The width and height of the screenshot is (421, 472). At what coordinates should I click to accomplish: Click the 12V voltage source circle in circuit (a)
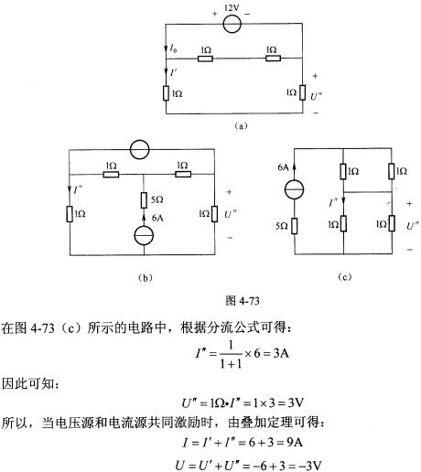[x=232, y=24]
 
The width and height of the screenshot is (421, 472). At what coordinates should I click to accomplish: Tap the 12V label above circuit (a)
[x=232, y=8]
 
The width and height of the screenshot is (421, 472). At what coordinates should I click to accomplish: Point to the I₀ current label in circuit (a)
[x=173, y=48]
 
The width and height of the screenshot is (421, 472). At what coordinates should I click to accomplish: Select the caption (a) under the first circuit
[x=241, y=126]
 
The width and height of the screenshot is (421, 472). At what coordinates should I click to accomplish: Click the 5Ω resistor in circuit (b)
[x=144, y=200]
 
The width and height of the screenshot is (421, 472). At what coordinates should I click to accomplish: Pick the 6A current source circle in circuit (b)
[x=144, y=236]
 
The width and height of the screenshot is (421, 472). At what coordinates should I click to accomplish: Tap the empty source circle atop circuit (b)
[x=139, y=150]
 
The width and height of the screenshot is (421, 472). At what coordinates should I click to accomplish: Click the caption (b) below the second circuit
[x=146, y=277]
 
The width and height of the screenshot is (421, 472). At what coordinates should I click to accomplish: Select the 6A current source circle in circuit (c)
[x=295, y=189]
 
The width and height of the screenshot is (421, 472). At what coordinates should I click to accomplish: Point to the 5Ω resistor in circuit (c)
[x=295, y=226]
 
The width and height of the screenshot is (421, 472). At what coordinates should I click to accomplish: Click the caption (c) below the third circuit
[x=345, y=277]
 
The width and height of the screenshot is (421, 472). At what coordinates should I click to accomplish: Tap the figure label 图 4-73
[x=243, y=301]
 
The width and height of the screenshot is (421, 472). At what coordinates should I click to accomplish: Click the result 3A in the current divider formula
[x=281, y=354]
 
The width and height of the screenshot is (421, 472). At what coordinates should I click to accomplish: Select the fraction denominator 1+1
[x=231, y=363]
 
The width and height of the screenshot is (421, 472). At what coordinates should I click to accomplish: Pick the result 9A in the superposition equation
[x=295, y=442]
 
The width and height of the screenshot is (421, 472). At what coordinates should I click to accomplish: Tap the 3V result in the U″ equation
[x=296, y=402]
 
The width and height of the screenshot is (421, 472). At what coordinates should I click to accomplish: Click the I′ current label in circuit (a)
[x=173, y=72]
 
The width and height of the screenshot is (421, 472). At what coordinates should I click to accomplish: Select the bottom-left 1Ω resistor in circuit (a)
[x=166, y=93]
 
